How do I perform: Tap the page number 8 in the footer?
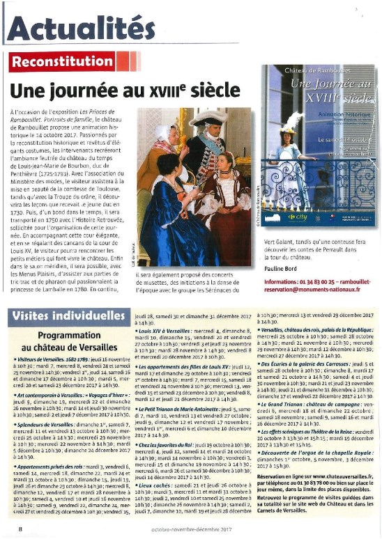pyautogui.click(x=21, y=529)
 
